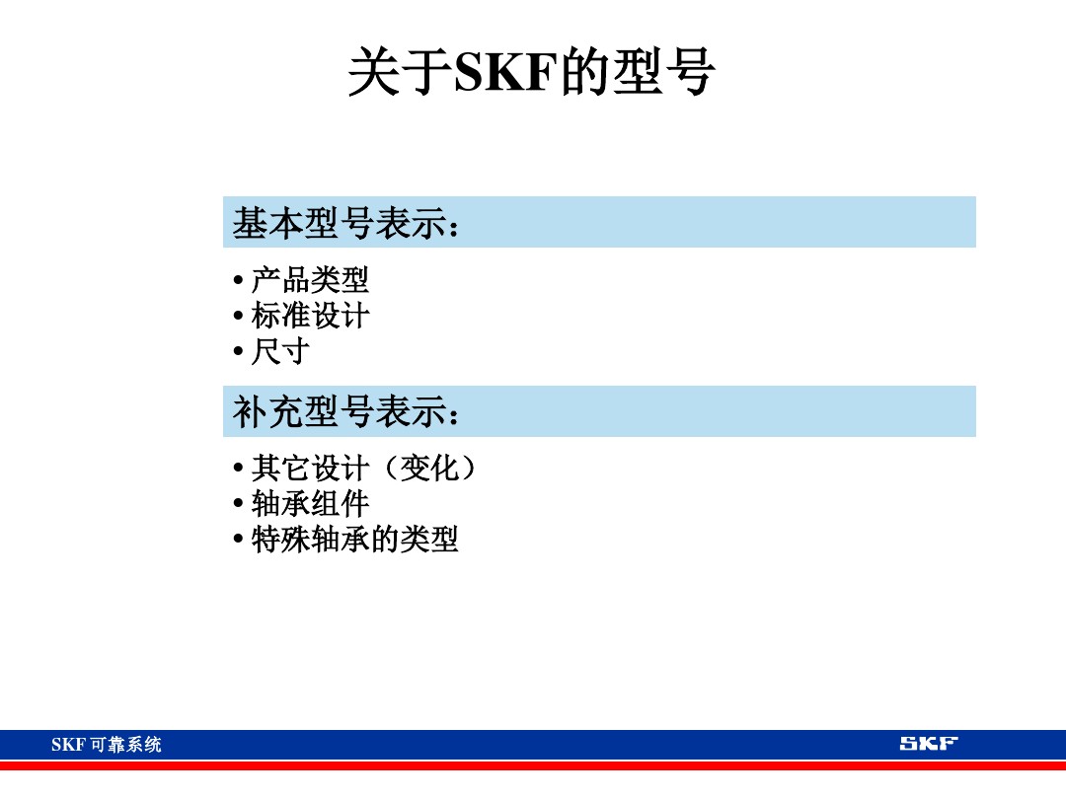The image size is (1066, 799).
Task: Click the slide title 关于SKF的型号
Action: [531, 73]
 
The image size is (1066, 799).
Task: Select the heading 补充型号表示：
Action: [346, 412]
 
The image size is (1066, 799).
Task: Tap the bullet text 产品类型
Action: [310, 280]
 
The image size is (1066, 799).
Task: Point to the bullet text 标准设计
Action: [310, 316]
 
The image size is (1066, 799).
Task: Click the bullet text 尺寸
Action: [280, 351]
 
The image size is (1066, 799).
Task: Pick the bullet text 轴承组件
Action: [310, 504]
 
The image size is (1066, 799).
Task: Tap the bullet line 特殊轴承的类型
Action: [354, 540]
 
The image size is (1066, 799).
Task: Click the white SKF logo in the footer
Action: [928, 744]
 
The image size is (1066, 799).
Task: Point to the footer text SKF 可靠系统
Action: [107, 745]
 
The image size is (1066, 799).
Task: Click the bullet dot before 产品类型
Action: [238, 281]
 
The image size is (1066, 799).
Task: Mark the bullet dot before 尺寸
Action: [238, 352]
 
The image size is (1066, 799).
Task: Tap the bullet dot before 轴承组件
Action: [238, 505]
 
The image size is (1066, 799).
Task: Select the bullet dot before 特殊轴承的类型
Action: [238, 541]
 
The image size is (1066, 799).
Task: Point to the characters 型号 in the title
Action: [663, 74]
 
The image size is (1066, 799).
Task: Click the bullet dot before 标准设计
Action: [238, 317]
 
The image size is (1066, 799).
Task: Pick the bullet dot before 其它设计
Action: [238, 469]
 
